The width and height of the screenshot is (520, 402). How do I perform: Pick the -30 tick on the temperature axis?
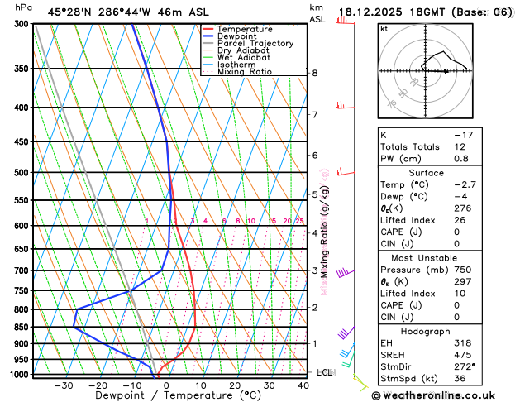click(x=63, y=385)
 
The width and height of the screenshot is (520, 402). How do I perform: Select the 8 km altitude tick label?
click(x=315, y=73)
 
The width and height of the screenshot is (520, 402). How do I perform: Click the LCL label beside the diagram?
click(x=324, y=373)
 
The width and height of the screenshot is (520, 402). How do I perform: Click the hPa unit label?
click(x=24, y=7)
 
